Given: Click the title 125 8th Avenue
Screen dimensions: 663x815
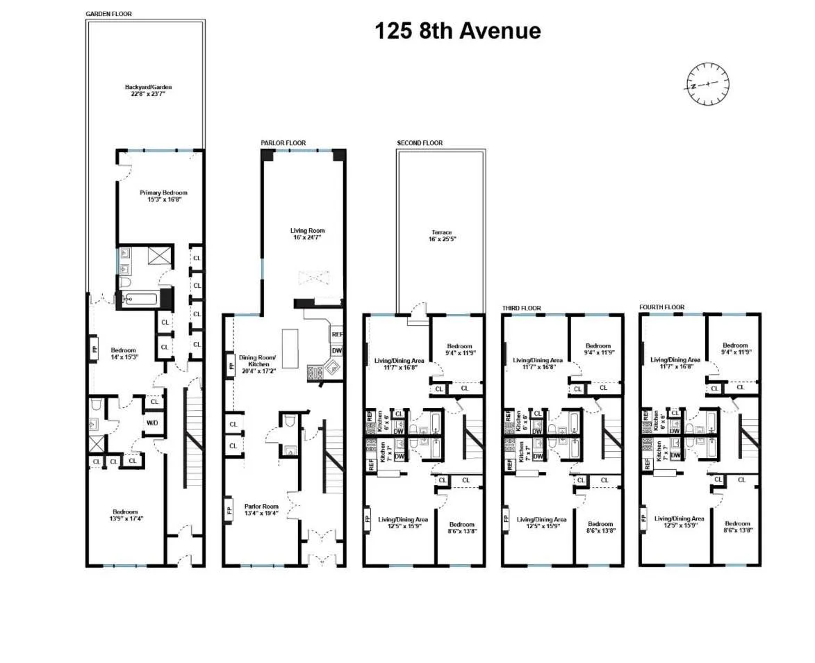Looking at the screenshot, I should click(x=458, y=31).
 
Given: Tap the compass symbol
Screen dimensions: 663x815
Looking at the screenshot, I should click(x=708, y=83).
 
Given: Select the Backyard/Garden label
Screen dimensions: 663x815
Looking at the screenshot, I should click(x=148, y=90).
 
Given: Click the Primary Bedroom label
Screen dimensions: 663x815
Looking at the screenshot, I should click(x=163, y=196).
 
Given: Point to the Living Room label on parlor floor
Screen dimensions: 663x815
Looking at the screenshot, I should click(x=307, y=234).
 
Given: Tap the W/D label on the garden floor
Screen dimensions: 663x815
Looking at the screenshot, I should click(x=153, y=423).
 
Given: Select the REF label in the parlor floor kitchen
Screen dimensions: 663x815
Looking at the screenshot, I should click(x=337, y=334).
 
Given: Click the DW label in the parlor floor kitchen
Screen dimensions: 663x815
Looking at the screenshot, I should click(x=337, y=350).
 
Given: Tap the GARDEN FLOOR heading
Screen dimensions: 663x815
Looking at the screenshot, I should click(x=108, y=14).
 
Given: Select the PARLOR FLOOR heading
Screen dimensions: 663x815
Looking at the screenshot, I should click(x=283, y=143).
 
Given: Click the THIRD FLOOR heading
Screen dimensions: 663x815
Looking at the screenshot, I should click(x=521, y=307).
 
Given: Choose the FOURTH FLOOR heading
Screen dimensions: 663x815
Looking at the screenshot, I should click(x=661, y=307).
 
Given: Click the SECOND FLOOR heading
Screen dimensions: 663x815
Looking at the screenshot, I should click(x=420, y=143).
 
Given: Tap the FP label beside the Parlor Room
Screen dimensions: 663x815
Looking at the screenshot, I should click(x=229, y=513).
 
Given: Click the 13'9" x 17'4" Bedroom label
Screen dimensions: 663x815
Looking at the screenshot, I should click(x=125, y=515).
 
